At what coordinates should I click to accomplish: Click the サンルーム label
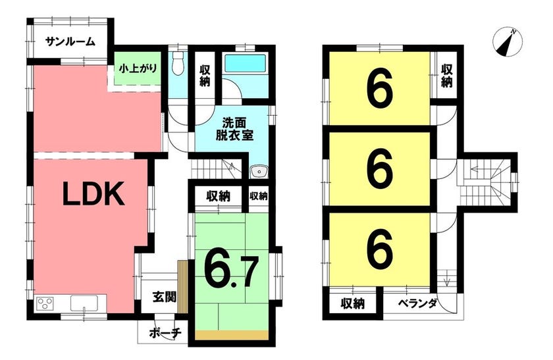(70, 42)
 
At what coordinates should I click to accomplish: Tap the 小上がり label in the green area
(138, 67)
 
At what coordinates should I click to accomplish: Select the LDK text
(93, 193)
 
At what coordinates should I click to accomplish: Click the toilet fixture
(179, 63)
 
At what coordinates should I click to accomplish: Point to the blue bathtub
(245, 63)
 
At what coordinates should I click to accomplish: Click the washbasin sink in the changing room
(259, 172)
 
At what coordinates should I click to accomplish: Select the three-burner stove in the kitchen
(45, 303)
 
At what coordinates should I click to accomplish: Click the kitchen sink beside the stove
(84, 303)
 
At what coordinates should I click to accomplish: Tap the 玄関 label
(165, 297)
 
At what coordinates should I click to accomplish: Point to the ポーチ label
(165, 332)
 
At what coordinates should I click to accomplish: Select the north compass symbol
(508, 41)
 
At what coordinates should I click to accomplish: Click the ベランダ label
(418, 303)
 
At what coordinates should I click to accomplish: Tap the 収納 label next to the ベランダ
(353, 303)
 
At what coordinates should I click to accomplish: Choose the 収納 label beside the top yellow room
(446, 76)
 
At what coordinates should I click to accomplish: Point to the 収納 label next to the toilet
(205, 76)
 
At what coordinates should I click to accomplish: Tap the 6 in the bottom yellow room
(379, 249)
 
